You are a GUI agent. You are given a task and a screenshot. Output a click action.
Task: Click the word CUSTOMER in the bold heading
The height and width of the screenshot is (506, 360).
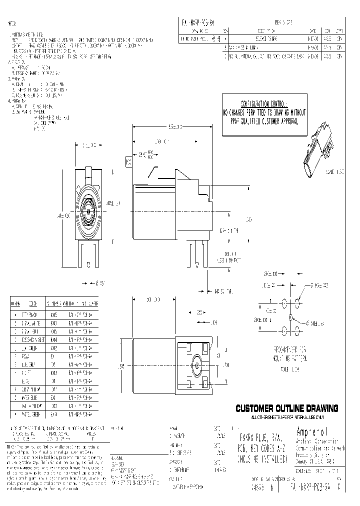click(x=255, y=408)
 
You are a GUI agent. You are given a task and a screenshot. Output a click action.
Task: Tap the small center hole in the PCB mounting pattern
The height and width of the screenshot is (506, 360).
click(x=290, y=316)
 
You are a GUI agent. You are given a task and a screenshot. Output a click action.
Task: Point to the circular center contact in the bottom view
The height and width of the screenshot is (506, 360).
click(x=197, y=366)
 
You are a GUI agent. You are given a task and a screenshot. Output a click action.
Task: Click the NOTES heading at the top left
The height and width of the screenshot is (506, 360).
click(x=13, y=23)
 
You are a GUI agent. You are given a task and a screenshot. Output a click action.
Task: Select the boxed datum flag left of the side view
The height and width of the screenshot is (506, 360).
click(x=128, y=161)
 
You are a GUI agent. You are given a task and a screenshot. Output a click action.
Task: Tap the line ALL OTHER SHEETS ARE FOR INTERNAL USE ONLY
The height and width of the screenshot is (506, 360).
click(x=287, y=416)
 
